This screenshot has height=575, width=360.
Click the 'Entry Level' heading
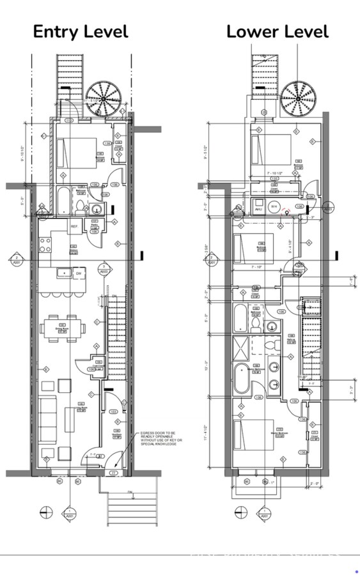[81, 31]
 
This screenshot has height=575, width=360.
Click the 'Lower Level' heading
[277, 31]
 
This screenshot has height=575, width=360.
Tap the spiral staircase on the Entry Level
[104, 98]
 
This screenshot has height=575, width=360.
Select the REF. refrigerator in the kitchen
[74, 226]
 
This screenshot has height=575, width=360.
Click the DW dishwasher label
[79, 273]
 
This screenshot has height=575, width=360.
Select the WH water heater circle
[273, 206]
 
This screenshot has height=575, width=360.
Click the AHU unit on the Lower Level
[258, 209]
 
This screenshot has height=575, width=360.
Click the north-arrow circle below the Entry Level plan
[46, 510]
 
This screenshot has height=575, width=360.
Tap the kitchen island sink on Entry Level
[65, 273]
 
